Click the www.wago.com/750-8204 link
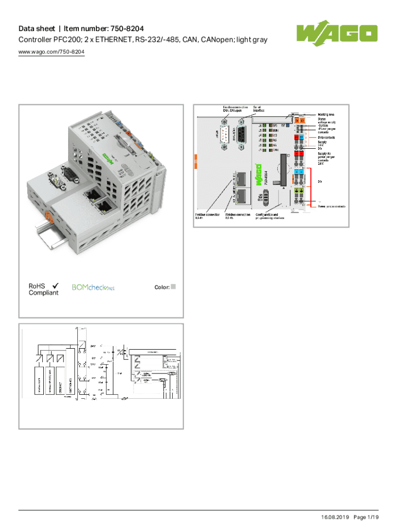point(51,52)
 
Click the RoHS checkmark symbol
point(55,285)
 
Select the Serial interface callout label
point(259,108)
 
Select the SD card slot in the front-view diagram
point(282,170)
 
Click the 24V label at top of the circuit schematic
point(93,345)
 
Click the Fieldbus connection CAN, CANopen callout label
point(235,108)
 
